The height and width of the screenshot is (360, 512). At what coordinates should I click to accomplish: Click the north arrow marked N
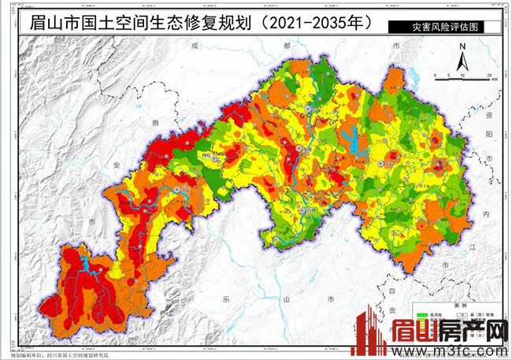pos(462,56)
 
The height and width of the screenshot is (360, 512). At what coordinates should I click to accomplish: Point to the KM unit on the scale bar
pos(493,80)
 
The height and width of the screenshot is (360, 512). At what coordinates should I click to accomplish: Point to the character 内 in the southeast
pos(486,213)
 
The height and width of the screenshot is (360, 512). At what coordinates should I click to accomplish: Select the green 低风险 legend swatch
pos(425,314)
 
